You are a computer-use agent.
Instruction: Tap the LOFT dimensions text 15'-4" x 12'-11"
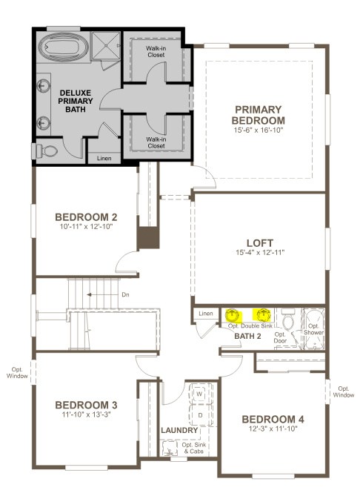(259, 253)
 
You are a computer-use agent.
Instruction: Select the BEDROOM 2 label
(86, 217)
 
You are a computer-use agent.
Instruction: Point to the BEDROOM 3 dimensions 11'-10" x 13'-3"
(86, 415)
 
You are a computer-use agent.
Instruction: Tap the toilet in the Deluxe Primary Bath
(46, 151)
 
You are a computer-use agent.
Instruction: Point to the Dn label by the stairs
(125, 294)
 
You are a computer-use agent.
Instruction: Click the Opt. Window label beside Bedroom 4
(344, 391)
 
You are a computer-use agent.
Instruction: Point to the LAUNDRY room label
(179, 431)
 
